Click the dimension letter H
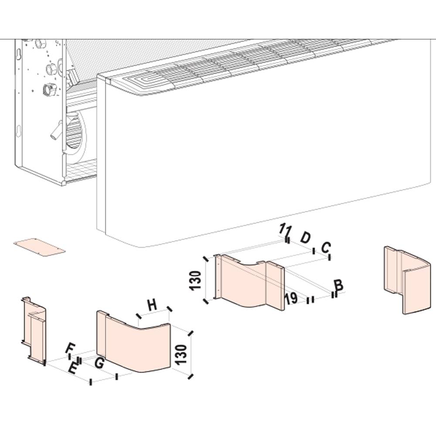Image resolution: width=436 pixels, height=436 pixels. point(152,305)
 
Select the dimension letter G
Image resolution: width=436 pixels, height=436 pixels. point(99,363)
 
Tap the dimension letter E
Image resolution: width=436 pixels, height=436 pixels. point(73,369)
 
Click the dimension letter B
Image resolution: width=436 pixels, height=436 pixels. point(339,286)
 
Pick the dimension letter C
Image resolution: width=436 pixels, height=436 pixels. point(326,247)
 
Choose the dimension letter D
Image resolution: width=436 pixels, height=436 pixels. point(305,238)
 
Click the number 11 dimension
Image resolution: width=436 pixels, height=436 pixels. point(286,229)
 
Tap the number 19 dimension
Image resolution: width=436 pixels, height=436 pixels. point(291,298)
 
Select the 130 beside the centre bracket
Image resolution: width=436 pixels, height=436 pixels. point(195,280)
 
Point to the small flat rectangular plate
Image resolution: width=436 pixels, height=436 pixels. point(39,247)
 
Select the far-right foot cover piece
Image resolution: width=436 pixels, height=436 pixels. point(407,280)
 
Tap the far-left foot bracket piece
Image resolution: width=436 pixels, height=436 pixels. point(34,330)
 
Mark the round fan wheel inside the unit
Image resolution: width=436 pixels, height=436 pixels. point(75,133)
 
